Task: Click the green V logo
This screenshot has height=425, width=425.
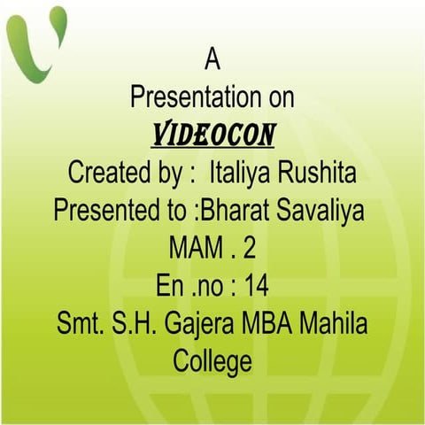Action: tap(35, 40)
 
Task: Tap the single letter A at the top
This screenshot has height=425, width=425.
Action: tap(212, 59)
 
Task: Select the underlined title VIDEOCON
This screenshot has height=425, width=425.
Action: tap(212, 135)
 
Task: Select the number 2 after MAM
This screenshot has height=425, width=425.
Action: tap(249, 249)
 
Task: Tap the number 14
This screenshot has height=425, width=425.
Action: tap(258, 287)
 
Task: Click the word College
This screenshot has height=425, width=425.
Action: tap(212, 362)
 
